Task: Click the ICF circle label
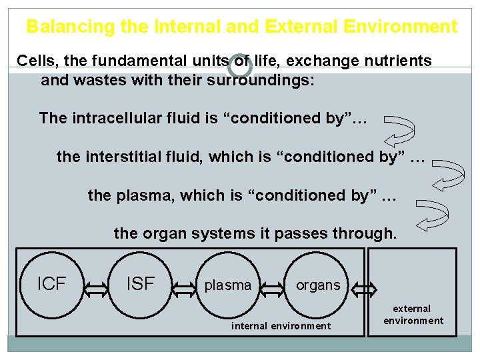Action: tap(51, 284)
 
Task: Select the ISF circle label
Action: tap(140, 284)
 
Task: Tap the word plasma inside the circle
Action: tap(228, 285)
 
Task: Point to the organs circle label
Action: tap(317, 285)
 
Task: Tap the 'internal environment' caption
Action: tap(281, 326)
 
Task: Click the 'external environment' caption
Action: tap(413, 315)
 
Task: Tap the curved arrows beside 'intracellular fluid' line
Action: tap(400, 130)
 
